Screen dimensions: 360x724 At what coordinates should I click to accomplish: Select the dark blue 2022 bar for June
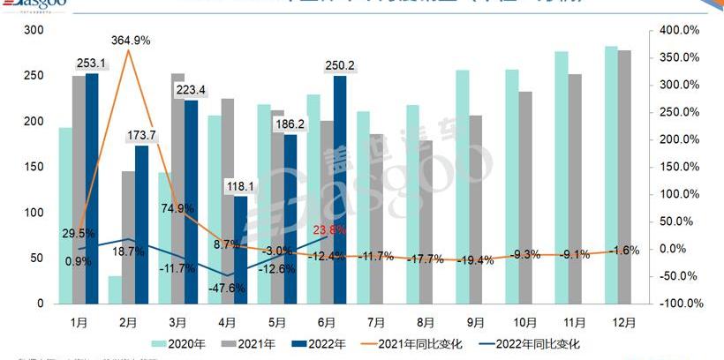pos(340,189)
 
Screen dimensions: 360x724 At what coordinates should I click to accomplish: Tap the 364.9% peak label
pos(130,40)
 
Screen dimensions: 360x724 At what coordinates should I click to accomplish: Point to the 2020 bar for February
pos(115,289)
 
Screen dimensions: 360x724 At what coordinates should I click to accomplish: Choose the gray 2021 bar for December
pos(624,176)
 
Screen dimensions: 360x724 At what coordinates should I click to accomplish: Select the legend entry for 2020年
pos(174,343)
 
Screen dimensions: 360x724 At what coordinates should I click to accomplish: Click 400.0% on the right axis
pos(680,30)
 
